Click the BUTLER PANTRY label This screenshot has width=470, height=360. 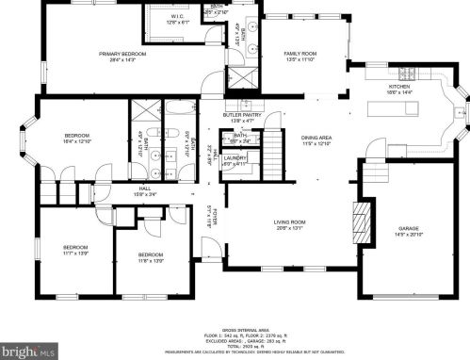(240, 116)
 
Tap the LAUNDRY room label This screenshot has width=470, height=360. (235, 157)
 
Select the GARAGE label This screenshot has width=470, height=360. (408, 228)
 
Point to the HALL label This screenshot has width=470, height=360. (145, 188)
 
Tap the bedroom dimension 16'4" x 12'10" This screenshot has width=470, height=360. (77, 141)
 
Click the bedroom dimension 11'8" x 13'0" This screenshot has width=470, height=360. (151, 260)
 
